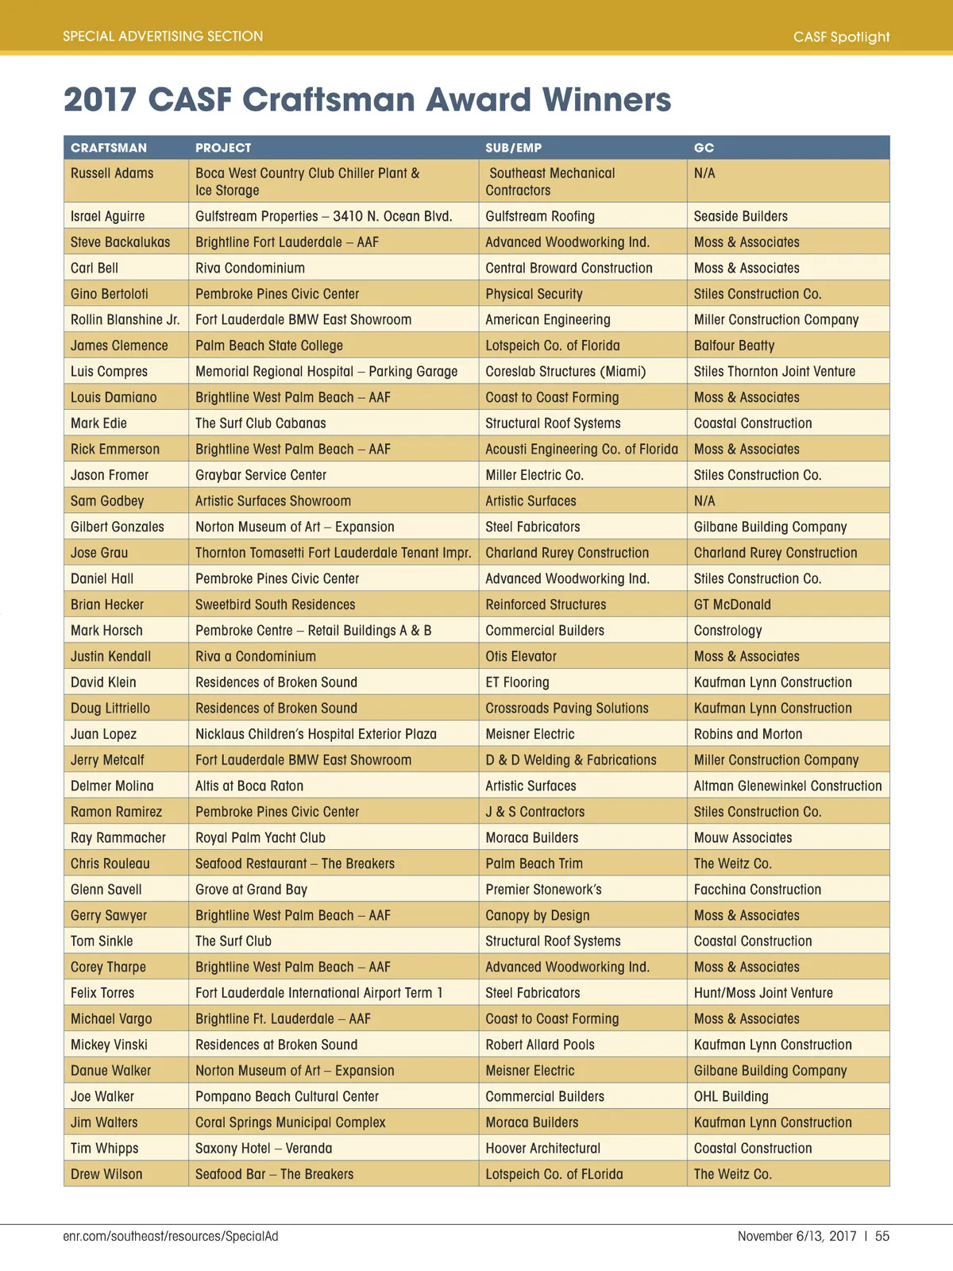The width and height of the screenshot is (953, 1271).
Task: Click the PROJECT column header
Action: [223, 148]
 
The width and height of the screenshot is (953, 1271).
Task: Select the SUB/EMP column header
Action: [513, 148]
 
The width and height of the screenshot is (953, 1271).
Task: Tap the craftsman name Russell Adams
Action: [112, 173]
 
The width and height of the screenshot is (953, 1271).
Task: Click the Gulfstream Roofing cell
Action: [540, 216]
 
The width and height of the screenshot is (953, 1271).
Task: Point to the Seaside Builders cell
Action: [740, 216]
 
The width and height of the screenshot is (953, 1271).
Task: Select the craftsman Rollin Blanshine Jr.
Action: [125, 319]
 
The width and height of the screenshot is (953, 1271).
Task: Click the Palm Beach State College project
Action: [269, 346]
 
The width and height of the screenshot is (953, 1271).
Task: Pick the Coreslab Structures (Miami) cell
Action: [565, 371]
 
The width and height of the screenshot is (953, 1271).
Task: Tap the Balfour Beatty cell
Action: [734, 346]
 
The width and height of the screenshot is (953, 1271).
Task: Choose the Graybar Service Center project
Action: [260, 475]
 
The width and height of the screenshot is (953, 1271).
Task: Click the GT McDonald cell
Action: [732, 605]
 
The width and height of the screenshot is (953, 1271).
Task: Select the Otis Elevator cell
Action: [521, 656]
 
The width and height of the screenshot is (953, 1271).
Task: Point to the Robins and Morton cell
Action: [748, 734]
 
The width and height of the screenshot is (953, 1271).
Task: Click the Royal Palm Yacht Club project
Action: [260, 837]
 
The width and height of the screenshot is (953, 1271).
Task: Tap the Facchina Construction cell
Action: [758, 890]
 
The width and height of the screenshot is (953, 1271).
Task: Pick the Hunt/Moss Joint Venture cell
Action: [763, 993]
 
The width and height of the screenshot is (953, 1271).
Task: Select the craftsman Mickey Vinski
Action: [109, 1045]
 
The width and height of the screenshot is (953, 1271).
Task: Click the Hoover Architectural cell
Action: [543, 1148]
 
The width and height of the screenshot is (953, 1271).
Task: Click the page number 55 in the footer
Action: [882, 1236]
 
